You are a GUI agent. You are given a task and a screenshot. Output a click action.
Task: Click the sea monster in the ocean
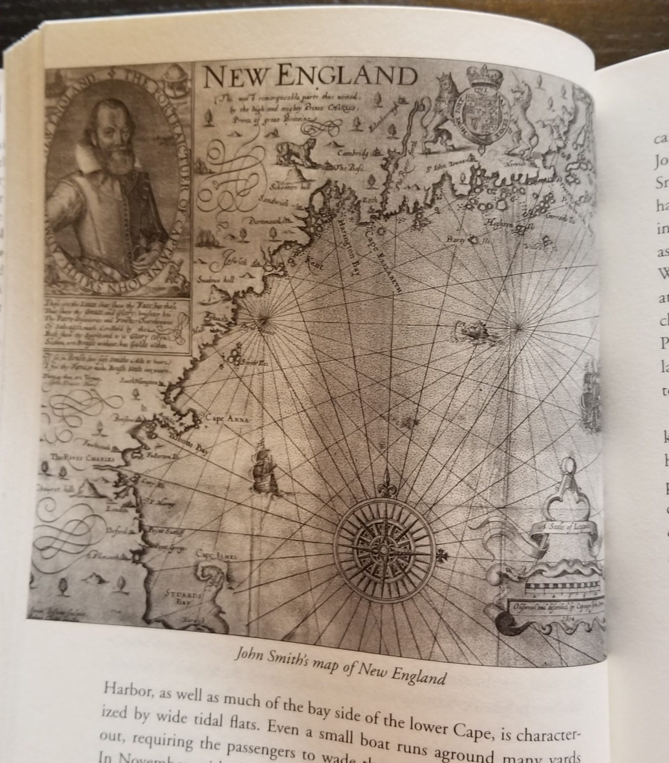tap(471, 331)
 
